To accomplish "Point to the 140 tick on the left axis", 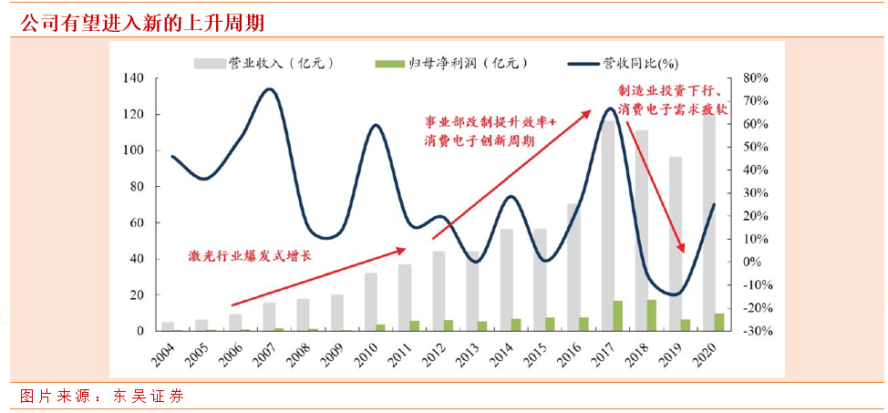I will tap(134, 79).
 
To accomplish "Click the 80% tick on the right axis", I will tap(758, 79).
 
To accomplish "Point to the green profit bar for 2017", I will tap(617, 315).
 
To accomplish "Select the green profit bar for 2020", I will tap(718, 322).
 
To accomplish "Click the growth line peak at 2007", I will tap(269, 89).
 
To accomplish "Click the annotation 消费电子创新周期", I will tap(479, 141).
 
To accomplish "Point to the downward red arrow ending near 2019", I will tap(654, 187).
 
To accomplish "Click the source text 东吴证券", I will tap(149, 397).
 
